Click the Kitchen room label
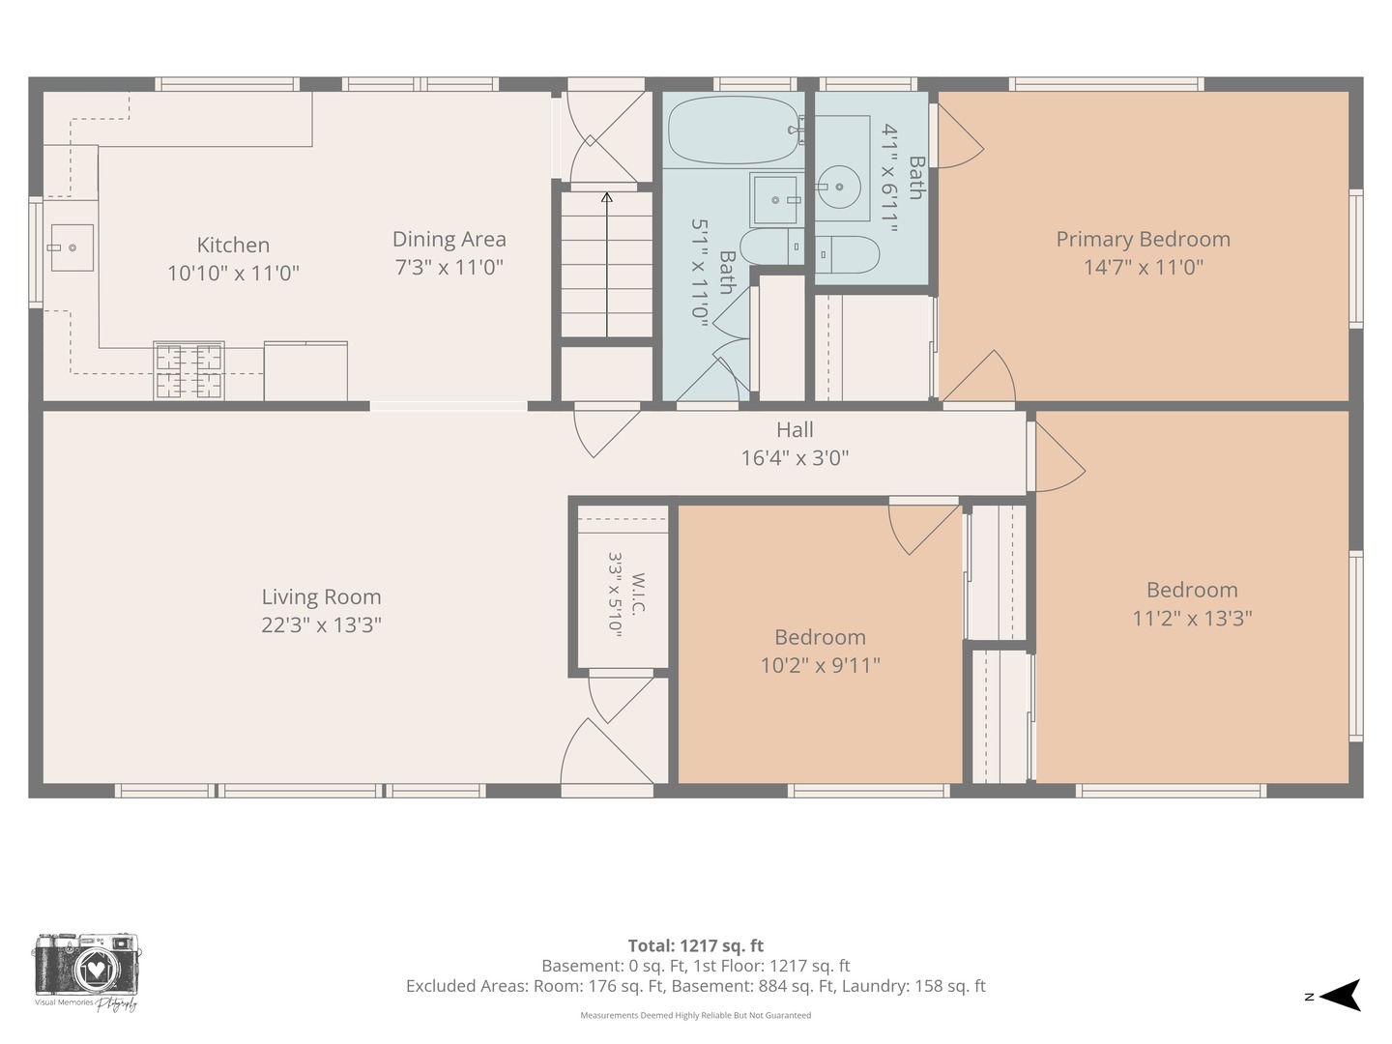pyautogui.click(x=233, y=245)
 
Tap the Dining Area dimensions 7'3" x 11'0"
pyautogui.click(x=449, y=267)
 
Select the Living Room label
pyautogui.click(x=322, y=597)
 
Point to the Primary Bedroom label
pyautogui.click(x=1143, y=240)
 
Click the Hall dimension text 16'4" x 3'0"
pyautogui.click(x=795, y=457)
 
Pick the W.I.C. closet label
pyautogui.click(x=638, y=594)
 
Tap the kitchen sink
pyautogui.click(x=72, y=247)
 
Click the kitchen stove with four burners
pyautogui.click(x=188, y=371)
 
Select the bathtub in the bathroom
pyautogui.click(x=734, y=130)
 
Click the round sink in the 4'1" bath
pyautogui.click(x=839, y=187)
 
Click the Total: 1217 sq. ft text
pyautogui.click(x=696, y=945)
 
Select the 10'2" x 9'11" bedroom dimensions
pyautogui.click(x=820, y=666)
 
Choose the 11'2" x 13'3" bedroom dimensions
pyautogui.click(x=1192, y=618)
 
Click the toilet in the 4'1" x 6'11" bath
pyautogui.click(x=846, y=255)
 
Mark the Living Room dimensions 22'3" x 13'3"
pyautogui.click(x=322, y=625)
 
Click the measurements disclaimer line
pyautogui.click(x=696, y=1015)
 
